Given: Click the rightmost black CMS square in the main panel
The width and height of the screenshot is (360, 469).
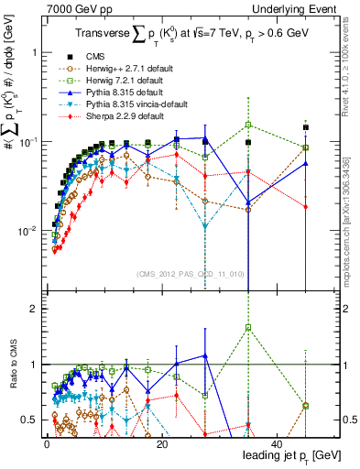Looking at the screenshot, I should [x=306, y=127].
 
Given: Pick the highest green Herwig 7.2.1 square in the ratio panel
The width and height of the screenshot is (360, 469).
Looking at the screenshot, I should [x=248, y=327].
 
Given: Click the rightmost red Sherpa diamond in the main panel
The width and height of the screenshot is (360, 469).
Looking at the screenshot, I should [x=306, y=206].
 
